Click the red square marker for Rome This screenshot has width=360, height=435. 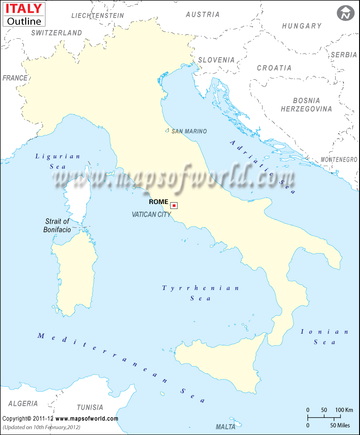tap(174, 205)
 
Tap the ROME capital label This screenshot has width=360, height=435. tap(158, 202)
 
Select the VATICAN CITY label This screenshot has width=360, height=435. tap(151, 215)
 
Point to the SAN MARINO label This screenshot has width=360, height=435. tap(189, 131)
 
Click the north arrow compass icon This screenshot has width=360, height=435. tap(345, 13)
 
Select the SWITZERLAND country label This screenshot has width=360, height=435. tap(57, 33)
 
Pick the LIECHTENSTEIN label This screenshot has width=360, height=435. tap(98, 15)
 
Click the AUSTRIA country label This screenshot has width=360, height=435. tap(203, 14)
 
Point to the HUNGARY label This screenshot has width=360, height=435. tap(302, 26)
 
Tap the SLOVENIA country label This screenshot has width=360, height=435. tap(216, 59)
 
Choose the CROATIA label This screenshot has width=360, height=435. tap(274, 68)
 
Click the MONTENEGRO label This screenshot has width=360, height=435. tap(339, 160)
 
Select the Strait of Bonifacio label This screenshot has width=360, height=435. tap(57, 225)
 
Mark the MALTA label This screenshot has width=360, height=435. tap(225, 426)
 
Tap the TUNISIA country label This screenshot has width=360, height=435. tap(90, 408)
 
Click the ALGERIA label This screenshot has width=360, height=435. tap(23, 404)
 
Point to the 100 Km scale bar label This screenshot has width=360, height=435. tap(343, 410)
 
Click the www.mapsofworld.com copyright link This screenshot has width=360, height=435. tap(87, 418)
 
